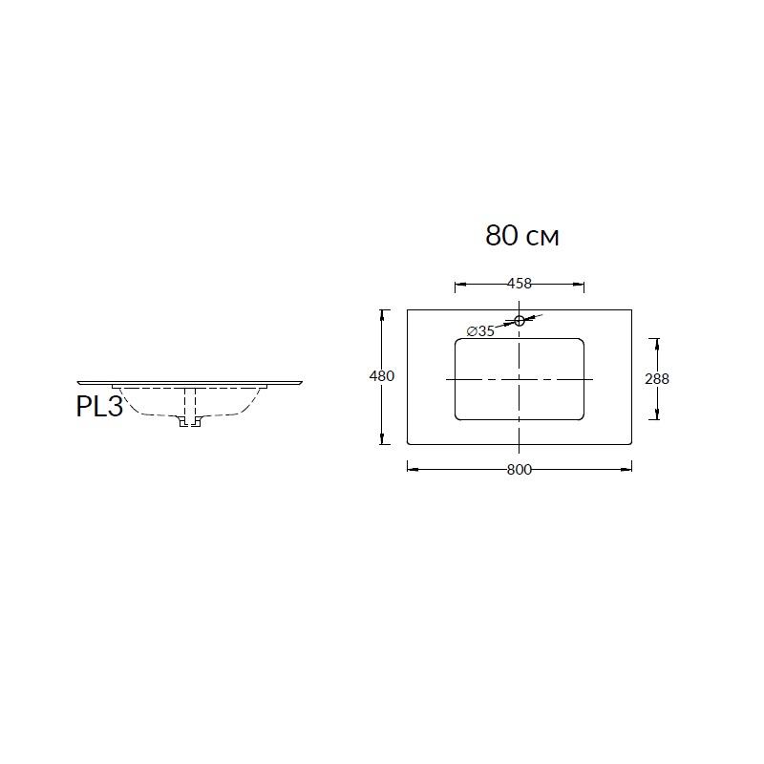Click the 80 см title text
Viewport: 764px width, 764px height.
(521, 236)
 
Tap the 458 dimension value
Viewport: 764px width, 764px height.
(520, 283)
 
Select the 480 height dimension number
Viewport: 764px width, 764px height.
(381, 376)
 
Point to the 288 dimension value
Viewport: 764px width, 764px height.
(657, 378)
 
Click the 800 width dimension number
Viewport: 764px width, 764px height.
(520, 470)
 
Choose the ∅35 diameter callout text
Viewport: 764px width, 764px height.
(480, 331)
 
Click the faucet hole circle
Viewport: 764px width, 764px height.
(520, 320)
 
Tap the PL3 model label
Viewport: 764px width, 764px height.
(99, 407)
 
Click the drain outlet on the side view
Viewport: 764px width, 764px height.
(190, 422)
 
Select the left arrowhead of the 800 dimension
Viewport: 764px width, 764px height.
(413, 469)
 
